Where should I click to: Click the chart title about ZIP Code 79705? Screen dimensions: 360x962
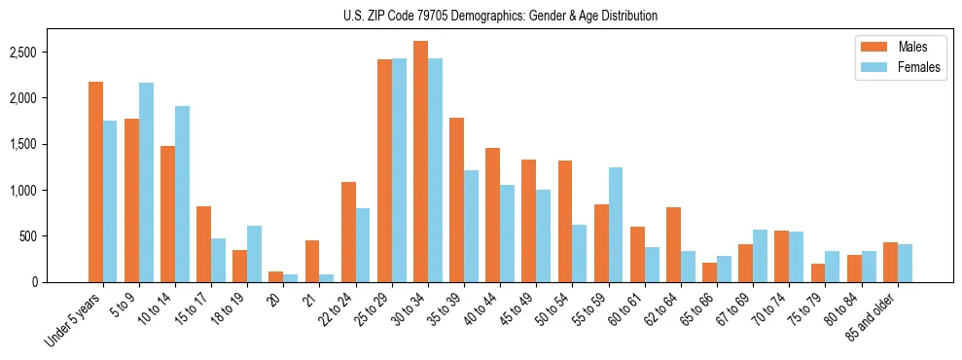coord(500,16)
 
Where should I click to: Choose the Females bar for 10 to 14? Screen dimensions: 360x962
coord(182,195)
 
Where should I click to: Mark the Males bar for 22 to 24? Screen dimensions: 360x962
coord(348,232)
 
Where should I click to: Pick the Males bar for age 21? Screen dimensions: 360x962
coord(312,261)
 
